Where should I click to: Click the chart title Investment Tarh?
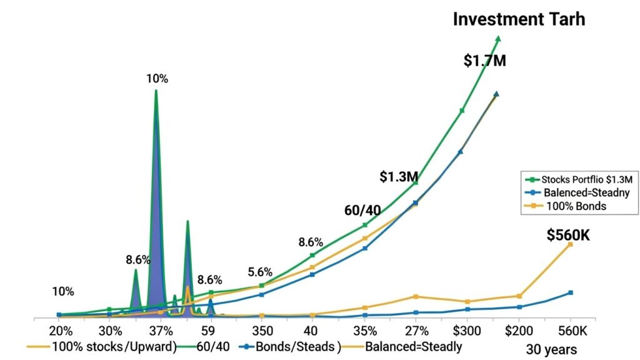(x=519, y=19)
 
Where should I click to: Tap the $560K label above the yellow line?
(x=568, y=235)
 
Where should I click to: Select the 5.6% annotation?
(x=260, y=272)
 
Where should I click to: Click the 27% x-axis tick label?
(x=417, y=330)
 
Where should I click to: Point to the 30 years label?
(x=552, y=349)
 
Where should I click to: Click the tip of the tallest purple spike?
(x=156, y=91)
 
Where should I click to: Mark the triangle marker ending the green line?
(x=498, y=39)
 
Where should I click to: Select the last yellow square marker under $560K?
(x=570, y=244)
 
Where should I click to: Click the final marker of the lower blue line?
(x=570, y=292)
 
